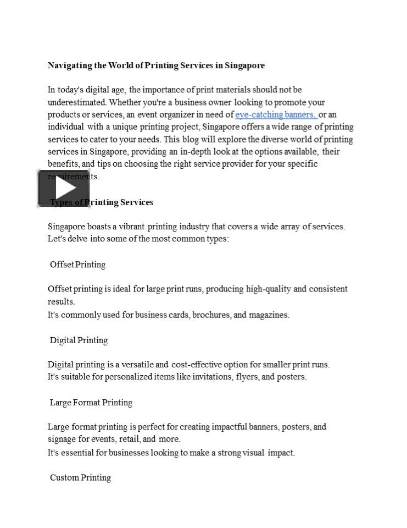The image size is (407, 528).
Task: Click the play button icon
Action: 63,188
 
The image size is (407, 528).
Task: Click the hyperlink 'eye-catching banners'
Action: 276,114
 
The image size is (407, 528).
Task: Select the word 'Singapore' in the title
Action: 245,65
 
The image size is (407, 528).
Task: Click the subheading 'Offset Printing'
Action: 77,265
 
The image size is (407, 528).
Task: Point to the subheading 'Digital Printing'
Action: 79,340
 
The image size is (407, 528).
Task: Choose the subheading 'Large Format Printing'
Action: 91,403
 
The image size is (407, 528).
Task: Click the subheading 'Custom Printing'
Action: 80,477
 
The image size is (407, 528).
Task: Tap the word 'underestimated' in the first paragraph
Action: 77,102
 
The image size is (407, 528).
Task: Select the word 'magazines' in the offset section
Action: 268,315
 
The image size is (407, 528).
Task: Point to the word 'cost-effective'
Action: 198,364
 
